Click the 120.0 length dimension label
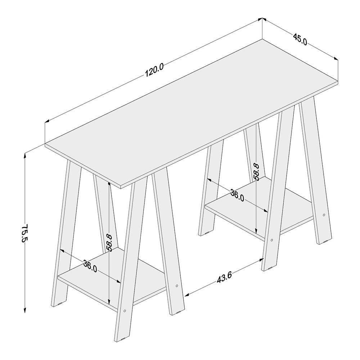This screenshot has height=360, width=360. [x=154, y=70]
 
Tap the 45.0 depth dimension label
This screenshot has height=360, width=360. [x=300, y=39]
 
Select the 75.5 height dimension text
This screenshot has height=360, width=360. [x=24, y=233]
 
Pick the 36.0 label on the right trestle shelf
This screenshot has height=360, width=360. [x=237, y=195]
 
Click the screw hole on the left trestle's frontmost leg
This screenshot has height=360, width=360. [x=125, y=311]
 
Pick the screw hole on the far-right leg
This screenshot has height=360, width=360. [x=324, y=215]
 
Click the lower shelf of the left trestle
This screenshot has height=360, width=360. [x=112, y=279]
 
